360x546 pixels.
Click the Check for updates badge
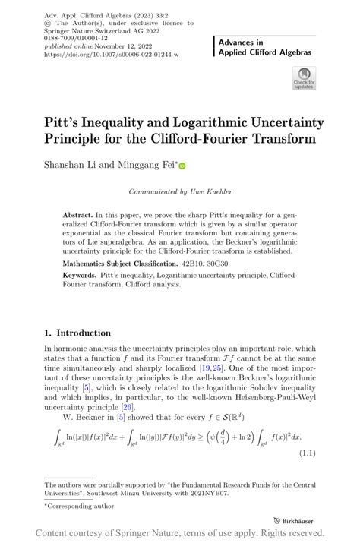(303, 78)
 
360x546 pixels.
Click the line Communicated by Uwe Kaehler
(180, 192)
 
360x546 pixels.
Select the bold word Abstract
(78, 216)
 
